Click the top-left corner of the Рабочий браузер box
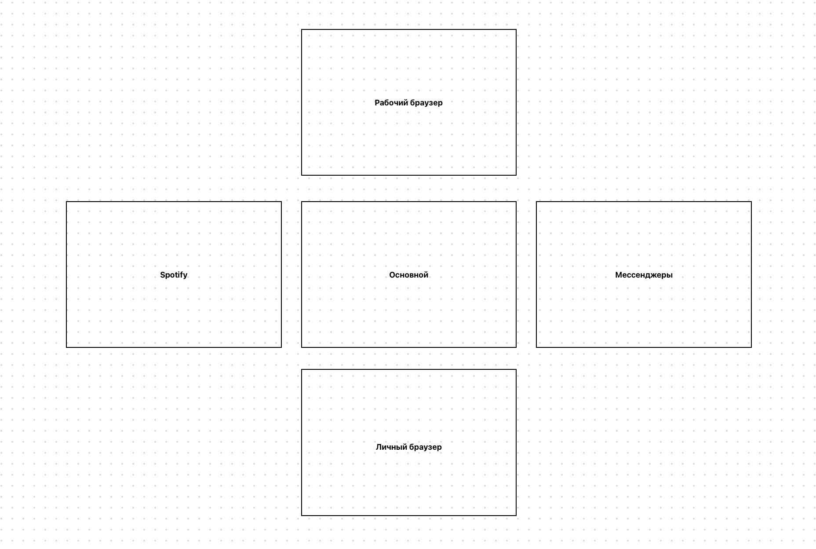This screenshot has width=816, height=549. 302,30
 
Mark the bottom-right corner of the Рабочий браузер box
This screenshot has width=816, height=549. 516,175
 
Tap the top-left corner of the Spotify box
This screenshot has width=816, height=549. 66,202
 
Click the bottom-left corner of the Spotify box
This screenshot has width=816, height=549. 66,347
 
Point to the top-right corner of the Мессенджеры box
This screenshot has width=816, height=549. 751,202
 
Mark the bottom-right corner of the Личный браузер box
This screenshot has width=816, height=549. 516,516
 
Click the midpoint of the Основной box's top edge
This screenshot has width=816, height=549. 409,202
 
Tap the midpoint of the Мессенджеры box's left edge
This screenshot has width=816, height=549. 536,274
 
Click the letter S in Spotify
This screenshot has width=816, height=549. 163,275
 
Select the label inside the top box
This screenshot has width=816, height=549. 409,103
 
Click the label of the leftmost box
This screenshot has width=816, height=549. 174,275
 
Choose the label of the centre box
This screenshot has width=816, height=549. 409,275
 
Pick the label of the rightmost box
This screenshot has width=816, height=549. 644,275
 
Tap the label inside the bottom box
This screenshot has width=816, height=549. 409,447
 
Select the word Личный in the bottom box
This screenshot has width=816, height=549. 391,447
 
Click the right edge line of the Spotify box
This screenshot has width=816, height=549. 281,274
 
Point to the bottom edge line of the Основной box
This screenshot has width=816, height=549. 409,347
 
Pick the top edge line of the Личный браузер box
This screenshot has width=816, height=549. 409,370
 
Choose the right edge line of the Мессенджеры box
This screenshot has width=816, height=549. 751,274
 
